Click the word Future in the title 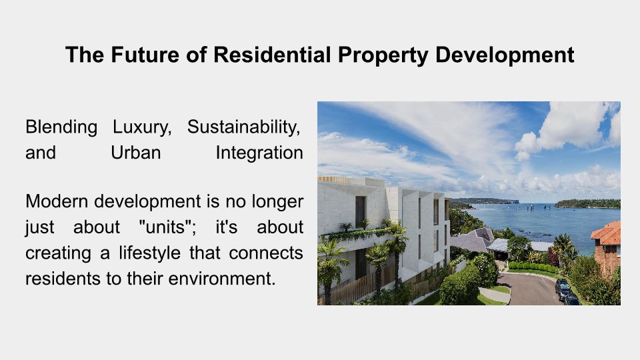click(x=145, y=55)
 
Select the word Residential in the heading click(x=272, y=55)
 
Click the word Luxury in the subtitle click(x=142, y=127)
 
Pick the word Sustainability click(x=244, y=127)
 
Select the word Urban click(x=136, y=153)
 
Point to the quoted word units click(x=168, y=227)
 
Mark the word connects click(x=266, y=253)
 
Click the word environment click(x=222, y=279)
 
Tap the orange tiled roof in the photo click(x=607, y=233)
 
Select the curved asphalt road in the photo click(x=531, y=288)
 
